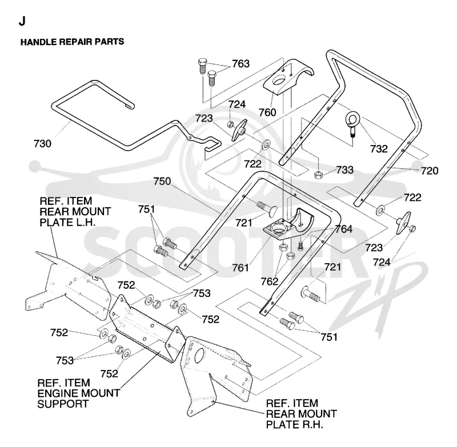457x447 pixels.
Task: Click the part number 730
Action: click(x=42, y=143)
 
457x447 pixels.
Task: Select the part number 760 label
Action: click(x=267, y=112)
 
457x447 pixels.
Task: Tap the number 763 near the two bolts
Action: click(x=240, y=63)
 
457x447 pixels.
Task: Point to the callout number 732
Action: click(x=379, y=149)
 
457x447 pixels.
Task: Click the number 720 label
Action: click(x=430, y=171)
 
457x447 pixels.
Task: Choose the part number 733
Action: click(x=345, y=170)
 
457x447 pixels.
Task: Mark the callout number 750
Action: click(x=162, y=182)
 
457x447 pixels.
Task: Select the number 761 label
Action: click(x=240, y=268)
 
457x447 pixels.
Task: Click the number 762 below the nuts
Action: click(x=270, y=281)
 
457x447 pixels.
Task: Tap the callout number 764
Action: click(x=343, y=229)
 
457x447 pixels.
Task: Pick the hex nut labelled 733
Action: click(x=318, y=175)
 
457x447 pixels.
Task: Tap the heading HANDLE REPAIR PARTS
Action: click(x=73, y=42)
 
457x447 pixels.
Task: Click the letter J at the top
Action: click(x=22, y=21)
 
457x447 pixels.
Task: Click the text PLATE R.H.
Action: click(x=295, y=425)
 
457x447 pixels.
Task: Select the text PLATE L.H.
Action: click(x=67, y=223)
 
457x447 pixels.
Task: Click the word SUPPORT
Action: click(x=63, y=404)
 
